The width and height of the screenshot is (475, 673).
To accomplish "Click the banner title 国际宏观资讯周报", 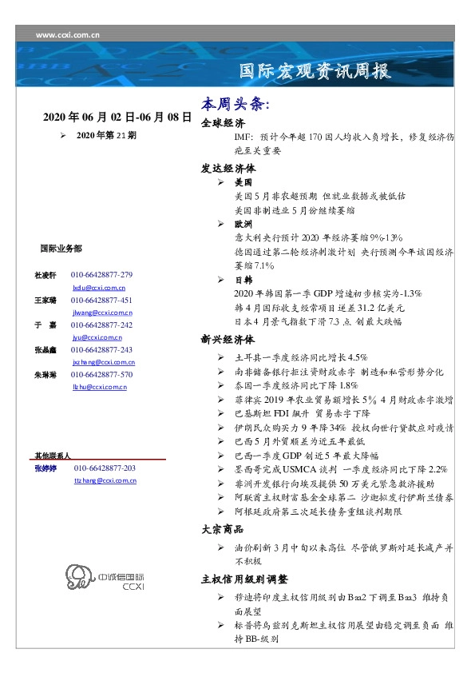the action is (316, 71).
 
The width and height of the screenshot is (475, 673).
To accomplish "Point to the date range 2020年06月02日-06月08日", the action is (117, 117).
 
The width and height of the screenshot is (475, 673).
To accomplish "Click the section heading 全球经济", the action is (223, 124).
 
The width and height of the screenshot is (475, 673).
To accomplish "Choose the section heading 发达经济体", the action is (228, 169).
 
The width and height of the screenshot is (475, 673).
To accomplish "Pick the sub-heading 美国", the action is (243, 182).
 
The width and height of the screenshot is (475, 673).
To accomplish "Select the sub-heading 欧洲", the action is (243, 225).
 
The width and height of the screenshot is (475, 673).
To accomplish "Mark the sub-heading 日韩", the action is (243, 281).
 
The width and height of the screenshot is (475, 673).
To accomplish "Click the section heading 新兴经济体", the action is (228, 339).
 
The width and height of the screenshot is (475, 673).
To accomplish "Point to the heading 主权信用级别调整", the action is (244, 579).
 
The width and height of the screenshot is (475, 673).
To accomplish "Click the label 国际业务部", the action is (61, 249).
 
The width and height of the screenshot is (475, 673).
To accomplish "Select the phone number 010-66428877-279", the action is (101, 275).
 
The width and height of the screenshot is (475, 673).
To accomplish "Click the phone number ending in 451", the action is (101, 300).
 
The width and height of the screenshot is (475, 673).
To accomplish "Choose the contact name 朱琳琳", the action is (45, 375).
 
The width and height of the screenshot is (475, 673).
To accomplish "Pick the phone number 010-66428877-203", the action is (105, 468).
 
